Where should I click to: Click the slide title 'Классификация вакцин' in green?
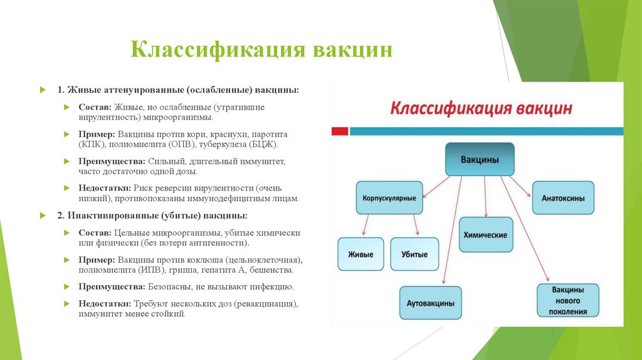(261, 50)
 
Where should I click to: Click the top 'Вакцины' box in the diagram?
(480, 159)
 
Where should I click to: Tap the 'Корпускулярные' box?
(389, 198)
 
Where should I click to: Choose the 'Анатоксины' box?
(563, 198)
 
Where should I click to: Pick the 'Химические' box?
(485, 235)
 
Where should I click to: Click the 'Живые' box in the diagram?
(360, 254)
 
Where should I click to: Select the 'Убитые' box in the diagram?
(414, 254)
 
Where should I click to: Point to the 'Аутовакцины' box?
(431, 303)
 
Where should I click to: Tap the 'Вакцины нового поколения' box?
(569, 300)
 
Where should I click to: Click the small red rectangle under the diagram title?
(339, 131)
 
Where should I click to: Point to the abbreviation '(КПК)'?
(92, 144)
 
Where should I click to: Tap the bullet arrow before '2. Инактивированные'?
(43, 215)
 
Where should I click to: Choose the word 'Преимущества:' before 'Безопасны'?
(112, 287)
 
